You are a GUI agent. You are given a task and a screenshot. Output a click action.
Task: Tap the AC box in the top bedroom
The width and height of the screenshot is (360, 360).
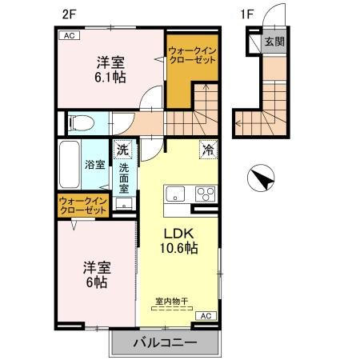(68, 36)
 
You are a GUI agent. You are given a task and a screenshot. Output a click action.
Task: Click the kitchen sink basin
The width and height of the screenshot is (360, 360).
(174, 194)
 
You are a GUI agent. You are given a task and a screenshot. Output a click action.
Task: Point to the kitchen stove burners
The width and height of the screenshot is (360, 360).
(205, 194)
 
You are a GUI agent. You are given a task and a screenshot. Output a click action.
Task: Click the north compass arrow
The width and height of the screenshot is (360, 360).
(262, 176)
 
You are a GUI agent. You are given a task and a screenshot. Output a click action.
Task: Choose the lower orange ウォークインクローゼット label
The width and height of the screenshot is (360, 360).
(82, 206)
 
